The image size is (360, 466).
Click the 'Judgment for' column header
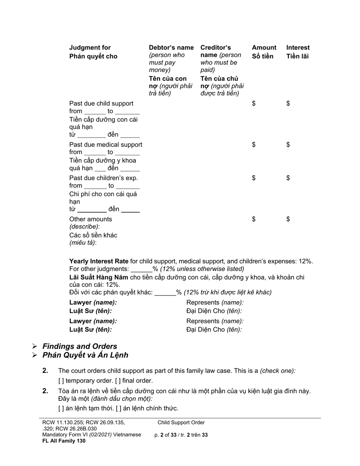click(90, 48)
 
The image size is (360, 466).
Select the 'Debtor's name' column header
click(171, 48)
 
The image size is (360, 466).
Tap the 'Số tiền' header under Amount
click(262, 56)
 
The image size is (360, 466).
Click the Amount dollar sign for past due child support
click(254, 103)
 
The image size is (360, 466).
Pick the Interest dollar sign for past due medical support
click(288, 144)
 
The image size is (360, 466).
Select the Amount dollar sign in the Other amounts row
click(254, 219)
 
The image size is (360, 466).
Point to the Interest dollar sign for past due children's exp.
click(288, 178)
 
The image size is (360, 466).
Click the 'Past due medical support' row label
click(106, 144)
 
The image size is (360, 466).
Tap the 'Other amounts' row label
click(91, 219)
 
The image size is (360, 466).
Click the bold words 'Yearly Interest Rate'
click(99, 261)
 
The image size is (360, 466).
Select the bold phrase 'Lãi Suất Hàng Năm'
click(99, 277)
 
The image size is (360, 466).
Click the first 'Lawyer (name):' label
click(93, 302)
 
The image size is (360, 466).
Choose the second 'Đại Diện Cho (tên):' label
click(214, 330)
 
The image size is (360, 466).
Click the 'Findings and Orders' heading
click(80, 346)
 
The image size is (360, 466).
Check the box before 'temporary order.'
click(61, 381)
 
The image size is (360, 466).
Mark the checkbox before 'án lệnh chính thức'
click(119, 408)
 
